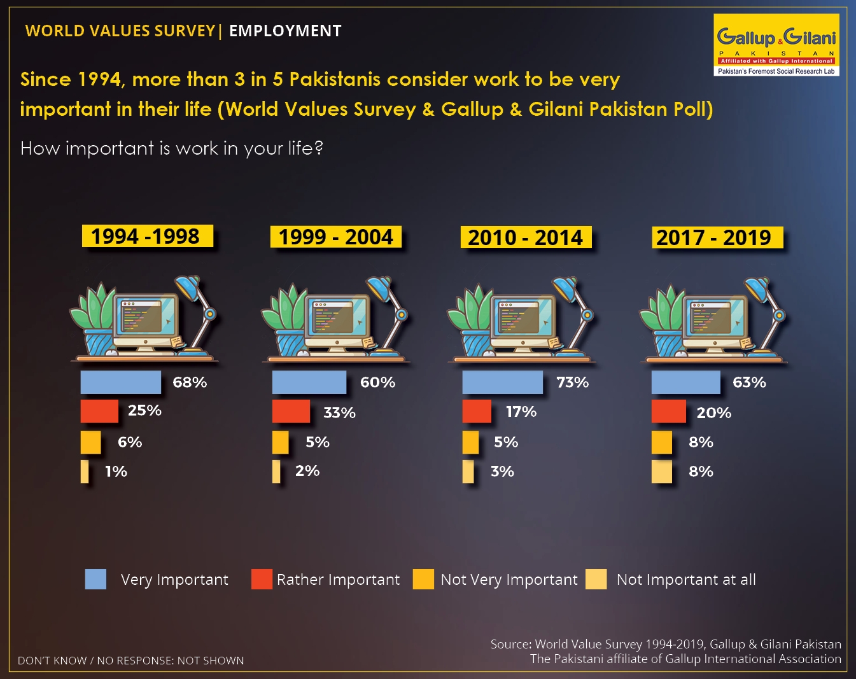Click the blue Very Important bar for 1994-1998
120,382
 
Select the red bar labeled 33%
291,411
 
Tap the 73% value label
572,382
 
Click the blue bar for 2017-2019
686,382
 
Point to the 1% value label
116,472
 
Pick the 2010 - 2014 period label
526,237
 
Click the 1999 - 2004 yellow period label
336,237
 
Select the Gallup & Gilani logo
776,45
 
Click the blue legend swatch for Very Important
95,578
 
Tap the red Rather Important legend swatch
262,578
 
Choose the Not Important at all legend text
686,580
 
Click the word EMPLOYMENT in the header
285,31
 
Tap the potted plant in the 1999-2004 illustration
284,319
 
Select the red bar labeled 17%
477,411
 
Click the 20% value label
714,413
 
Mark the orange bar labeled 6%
90,442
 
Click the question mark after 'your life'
318,148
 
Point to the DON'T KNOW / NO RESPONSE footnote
131,661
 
